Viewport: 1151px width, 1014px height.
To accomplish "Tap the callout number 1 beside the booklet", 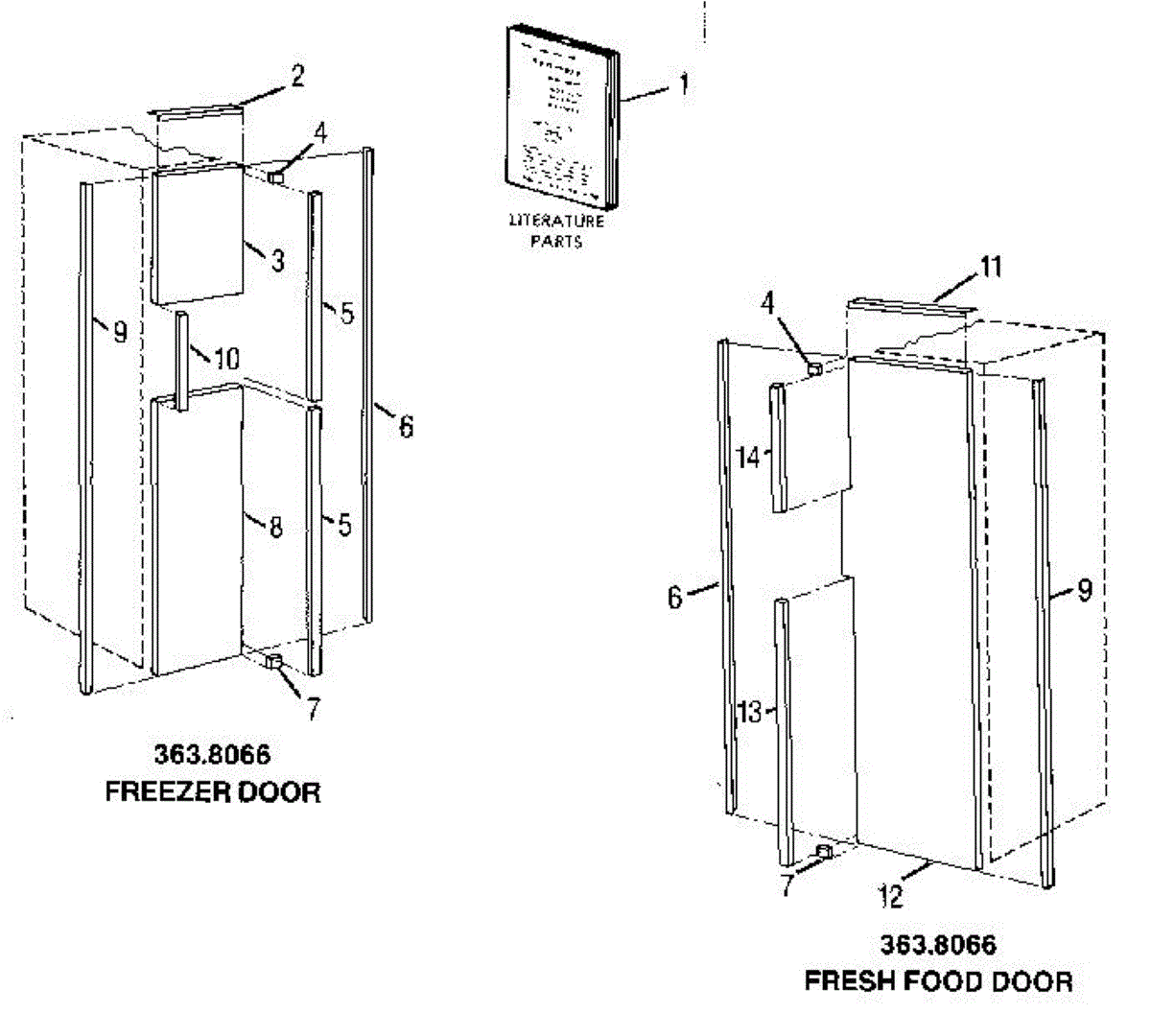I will tap(684, 84).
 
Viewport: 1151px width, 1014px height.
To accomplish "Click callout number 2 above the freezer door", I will tap(297, 77).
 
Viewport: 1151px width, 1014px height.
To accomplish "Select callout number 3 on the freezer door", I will tap(277, 260).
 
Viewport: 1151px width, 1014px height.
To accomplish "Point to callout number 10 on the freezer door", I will tap(226, 359).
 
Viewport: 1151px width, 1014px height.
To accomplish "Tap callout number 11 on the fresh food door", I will tap(991, 267).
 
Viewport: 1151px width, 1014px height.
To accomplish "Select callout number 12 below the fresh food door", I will tap(890, 896).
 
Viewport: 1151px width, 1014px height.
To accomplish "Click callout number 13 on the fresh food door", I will tap(750, 712).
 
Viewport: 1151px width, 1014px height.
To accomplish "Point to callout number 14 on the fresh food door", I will tap(749, 458).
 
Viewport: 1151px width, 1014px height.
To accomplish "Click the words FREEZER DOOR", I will tap(213, 792).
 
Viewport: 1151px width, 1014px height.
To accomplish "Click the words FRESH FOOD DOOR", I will tap(938, 981).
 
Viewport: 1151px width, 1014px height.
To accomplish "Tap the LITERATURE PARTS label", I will tap(556, 231).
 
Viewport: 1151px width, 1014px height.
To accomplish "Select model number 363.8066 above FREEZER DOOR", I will tap(212, 755).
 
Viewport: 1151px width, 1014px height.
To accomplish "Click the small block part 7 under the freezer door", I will tap(272, 661).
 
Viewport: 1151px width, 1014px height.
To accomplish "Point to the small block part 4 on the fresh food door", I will tap(814, 366).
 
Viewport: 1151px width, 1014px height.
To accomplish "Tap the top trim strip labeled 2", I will tap(197, 110).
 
